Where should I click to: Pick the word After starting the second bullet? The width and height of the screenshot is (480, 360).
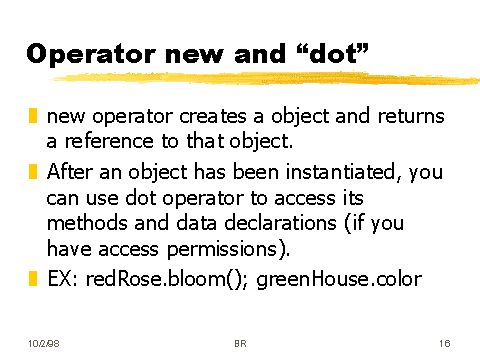71,172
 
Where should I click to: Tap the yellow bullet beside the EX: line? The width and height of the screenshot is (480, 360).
32,277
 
